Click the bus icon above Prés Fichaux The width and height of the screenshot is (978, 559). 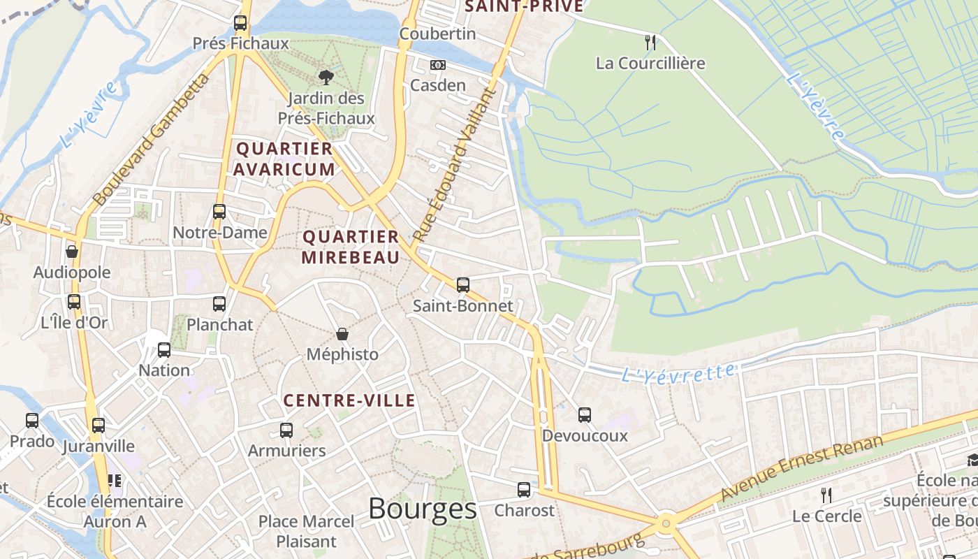coord(240,23)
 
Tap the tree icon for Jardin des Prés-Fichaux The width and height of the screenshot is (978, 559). coord(326,78)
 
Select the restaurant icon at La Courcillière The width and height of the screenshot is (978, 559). coord(650,42)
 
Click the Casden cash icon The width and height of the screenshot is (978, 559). coord(438,65)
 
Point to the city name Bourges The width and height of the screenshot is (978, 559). coord(422,509)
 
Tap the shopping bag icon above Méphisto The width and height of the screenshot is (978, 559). coord(342,334)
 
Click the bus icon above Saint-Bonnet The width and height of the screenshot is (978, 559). coord(462,285)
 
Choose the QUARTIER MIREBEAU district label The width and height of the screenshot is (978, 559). coord(351,247)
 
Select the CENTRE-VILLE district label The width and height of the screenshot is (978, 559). coord(349,400)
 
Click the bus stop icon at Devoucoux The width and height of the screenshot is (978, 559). coord(585,415)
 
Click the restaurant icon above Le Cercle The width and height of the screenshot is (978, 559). coord(826,495)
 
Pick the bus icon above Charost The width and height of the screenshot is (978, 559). coord(524,490)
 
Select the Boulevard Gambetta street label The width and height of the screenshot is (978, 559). coord(150,140)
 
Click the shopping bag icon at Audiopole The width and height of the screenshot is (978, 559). coord(71,252)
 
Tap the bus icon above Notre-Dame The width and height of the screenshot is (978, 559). coord(219,212)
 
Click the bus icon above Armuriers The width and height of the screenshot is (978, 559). coord(286,430)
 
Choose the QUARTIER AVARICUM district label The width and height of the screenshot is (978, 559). coord(284,159)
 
